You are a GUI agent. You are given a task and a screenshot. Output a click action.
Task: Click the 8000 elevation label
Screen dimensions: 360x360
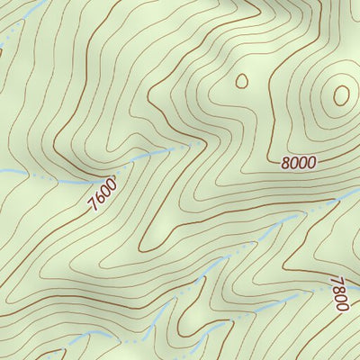(x=298, y=163)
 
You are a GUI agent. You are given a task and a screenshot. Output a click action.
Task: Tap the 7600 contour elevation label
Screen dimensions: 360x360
(x=103, y=193)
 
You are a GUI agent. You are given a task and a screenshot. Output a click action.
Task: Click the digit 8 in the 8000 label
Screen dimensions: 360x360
(x=285, y=164)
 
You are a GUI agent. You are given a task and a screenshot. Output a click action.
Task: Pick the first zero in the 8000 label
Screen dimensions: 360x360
(x=294, y=163)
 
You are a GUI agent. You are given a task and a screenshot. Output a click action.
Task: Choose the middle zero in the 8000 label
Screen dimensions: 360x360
(x=302, y=163)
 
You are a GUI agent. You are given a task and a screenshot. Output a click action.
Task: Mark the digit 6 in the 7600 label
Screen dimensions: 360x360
(x=99, y=198)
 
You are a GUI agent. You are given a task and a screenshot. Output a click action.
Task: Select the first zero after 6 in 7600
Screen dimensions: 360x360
(x=105, y=190)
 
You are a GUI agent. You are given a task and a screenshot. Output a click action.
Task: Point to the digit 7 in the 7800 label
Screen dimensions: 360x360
(x=337, y=280)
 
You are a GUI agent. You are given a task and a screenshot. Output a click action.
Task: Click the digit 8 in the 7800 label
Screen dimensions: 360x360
(x=338, y=289)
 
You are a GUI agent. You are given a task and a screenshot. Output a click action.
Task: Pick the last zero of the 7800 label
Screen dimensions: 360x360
(x=340, y=306)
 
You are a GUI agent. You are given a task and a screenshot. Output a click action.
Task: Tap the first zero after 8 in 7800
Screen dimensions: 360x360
(x=339, y=298)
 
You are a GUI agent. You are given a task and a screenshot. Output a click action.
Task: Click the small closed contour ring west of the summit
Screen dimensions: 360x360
(x=241, y=81)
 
